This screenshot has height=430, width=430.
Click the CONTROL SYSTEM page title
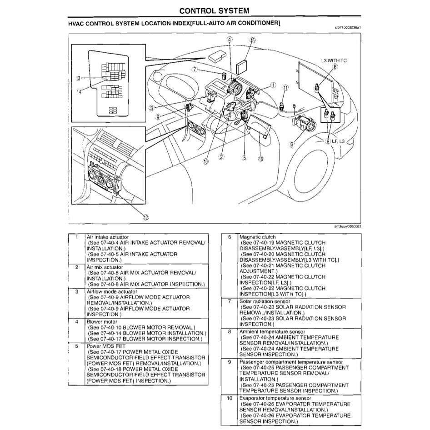point(214,10)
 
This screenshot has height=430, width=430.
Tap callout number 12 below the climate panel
point(145,217)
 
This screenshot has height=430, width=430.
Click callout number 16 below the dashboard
point(260,159)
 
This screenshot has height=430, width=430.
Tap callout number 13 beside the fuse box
point(78,78)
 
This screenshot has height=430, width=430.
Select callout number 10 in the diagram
point(205,160)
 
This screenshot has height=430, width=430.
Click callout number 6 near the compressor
point(292,145)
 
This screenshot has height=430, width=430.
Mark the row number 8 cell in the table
point(230,331)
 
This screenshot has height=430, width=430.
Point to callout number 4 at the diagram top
point(230,40)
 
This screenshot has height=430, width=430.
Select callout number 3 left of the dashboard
point(150,107)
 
